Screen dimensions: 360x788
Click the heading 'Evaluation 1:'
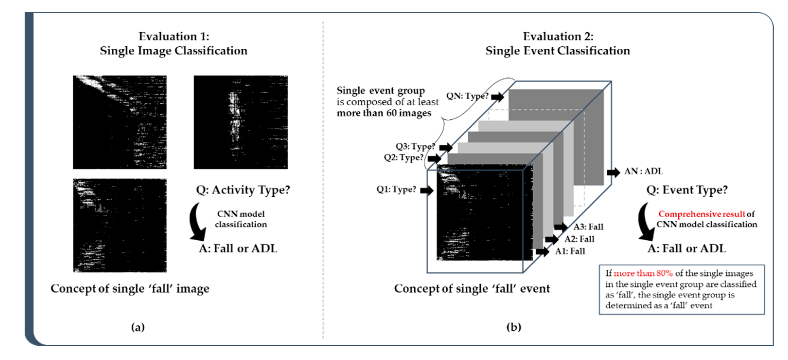pyautogui.click(x=174, y=36)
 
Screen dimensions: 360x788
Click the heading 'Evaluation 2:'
pyautogui.click(x=558, y=36)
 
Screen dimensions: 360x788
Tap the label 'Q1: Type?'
pyautogui.click(x=396, y=189)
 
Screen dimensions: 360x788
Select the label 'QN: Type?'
pyautogui.click(x=467, y=96)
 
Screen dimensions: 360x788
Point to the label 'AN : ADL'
pyautogui.click(x=643, y=171)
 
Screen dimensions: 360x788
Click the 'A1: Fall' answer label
pyautogui.click(x=570, y=251)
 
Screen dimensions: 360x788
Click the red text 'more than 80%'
pyautogui.click(x=643, y=273)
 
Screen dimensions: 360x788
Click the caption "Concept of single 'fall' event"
pyautogui.click(x=472, y=289)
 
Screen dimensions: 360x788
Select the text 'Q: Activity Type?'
pyautogui.click(x=243, y=190)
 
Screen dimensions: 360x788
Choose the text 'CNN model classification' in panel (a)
pyautogui.click(x=241, y=219)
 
